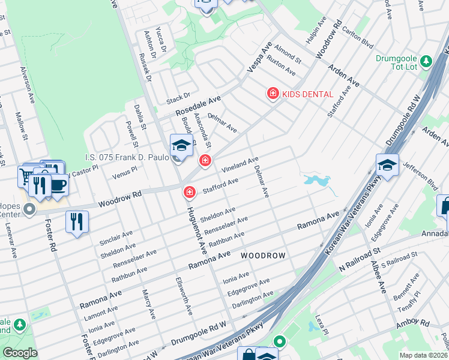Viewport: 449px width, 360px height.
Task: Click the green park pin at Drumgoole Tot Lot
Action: tap(426, 61)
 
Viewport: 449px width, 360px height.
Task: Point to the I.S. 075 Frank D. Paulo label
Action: tap(127, 158)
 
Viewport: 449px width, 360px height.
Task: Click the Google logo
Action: tap(20, 353)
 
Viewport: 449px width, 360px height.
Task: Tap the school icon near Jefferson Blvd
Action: tap(387, 164)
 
